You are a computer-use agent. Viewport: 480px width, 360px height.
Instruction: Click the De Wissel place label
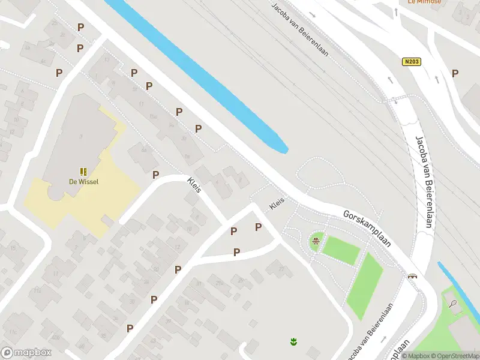click(83, 182)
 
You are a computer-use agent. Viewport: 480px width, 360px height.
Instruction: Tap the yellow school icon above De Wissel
click(83, 172)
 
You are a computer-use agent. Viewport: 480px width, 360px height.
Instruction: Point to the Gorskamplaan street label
click(367, 229)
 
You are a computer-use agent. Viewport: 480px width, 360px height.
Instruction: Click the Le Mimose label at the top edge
click(424, 2)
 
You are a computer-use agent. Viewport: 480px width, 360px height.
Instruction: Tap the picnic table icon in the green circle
click(316, 242)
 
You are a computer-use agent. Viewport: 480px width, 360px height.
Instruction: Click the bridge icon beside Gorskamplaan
click(413, 277)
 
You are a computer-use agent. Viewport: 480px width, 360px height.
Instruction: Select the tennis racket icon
click(453, 304)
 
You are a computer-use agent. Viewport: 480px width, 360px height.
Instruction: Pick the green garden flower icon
click(293, 342)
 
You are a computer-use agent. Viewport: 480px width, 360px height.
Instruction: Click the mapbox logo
click(25, 353)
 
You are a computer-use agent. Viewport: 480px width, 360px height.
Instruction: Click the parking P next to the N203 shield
click(455, 73)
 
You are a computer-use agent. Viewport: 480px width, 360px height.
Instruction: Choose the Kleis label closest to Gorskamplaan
click(277, 203)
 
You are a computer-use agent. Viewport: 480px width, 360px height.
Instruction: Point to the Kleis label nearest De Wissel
click(194, 185)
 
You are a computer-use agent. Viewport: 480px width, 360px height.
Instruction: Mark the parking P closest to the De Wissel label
click(156, 175)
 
